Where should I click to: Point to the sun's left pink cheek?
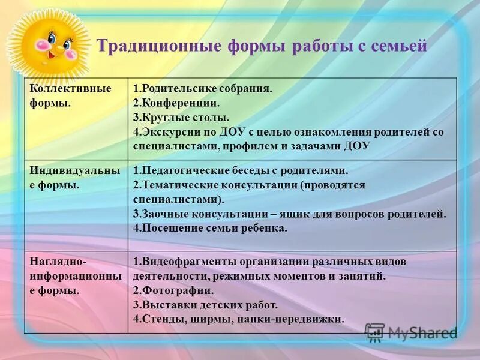[41, 44]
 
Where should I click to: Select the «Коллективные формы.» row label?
[70, 95]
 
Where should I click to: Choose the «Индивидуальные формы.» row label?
[74, 178]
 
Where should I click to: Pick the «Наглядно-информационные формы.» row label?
[75, 275]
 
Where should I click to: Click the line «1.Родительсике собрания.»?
[203, 89]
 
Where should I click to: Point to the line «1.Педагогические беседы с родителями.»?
[241, 170]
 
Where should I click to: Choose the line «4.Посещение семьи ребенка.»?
[211, 228]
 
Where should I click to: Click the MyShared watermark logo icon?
[374, 332]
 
